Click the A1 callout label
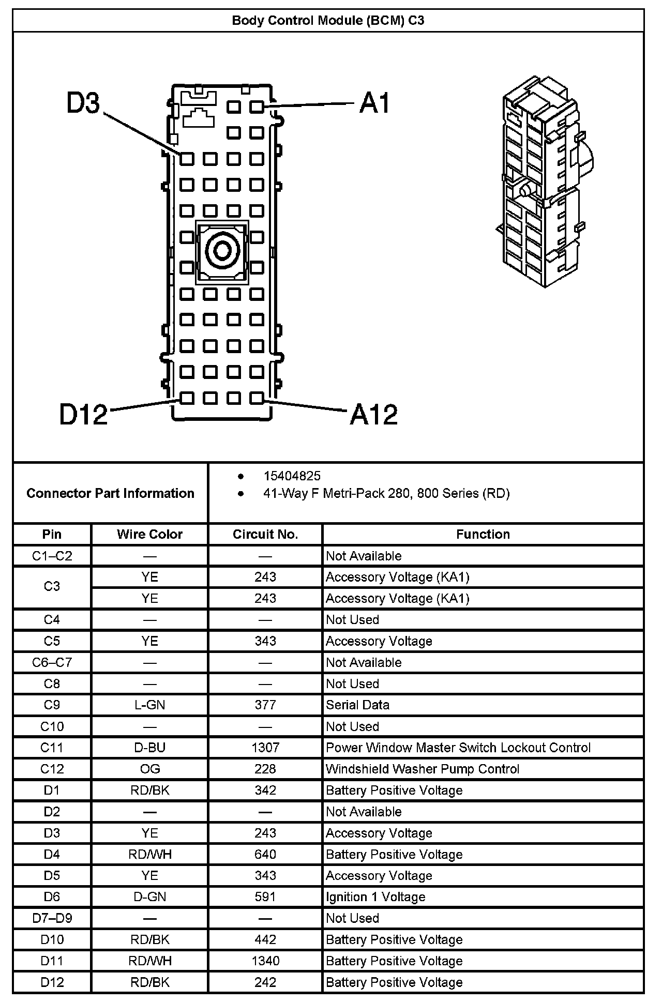[x=375, y=103]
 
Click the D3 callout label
[x=83, y=103]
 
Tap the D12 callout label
[x=83, y=414]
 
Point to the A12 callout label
[x=374, y=414]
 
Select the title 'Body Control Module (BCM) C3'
[x=328, y=21]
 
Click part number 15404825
[x=292, y=476]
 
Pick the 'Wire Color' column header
[x=149, y=534]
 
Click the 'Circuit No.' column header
[x=265, y=534]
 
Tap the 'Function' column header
[x=483, y=534]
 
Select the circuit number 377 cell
[x=265, y=705]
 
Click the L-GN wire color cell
[x=149, y=705]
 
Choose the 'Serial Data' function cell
[x=357, y=705]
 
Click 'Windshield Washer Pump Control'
[x=422, y=769]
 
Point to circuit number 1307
[x=265, y=748]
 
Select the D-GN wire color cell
[x=149, y=896]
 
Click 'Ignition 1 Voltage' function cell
[x=375, y=896]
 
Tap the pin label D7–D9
[x=52, y=918]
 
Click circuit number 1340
[x=265, y=961]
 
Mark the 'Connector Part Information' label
[x=110, y=493]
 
